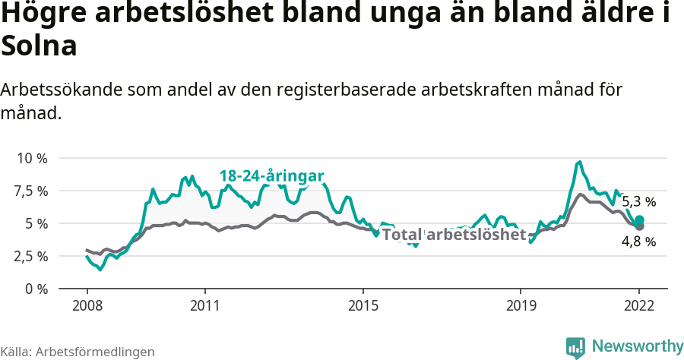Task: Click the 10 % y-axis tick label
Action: [32, 158]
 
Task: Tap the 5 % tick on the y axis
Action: [36, 223]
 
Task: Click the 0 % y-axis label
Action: [36, 289]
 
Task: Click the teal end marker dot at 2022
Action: [639, 219]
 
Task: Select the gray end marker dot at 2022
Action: [639, 226]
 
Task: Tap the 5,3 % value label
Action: [638, 202]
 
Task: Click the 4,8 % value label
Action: [638, 242]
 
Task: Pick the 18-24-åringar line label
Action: [272, 175]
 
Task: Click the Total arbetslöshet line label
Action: [454, 235]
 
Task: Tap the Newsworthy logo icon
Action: [575, 347]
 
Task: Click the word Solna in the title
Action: [40, 47]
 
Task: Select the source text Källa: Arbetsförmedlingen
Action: [78, 352]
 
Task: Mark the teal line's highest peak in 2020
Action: [580, 162]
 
